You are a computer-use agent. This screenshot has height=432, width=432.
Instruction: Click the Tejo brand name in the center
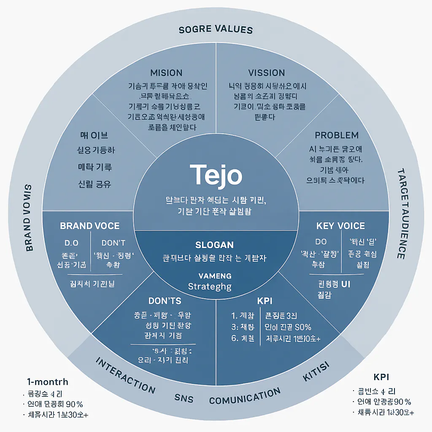[x=216, y=175]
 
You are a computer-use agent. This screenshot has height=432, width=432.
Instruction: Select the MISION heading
[x=166, y=73]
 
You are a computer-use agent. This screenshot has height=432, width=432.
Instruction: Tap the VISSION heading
[x=266, y=73]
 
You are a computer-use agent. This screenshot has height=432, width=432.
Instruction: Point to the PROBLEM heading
[x=337, y=135]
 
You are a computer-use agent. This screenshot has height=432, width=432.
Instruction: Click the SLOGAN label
[x=215, y=245]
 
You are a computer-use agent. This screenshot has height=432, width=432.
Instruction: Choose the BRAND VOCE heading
[x=90, y=226]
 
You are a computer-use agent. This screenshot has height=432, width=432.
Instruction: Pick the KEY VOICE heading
[x=340, y=226]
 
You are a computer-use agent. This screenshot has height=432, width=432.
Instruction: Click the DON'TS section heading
[x=165, y=301]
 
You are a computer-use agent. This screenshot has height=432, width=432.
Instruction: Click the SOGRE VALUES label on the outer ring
[x=216, y=30]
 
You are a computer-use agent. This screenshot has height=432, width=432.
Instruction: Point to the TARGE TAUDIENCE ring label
[x=401, y=214]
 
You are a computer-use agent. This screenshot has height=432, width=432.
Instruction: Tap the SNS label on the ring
[x=184, y=397]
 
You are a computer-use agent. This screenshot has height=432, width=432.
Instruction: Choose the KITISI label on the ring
[x=316, y=371]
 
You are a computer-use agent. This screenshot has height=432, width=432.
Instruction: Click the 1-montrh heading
[x=47, y=382]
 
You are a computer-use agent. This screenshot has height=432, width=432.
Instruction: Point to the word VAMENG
[x=215, y=275]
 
